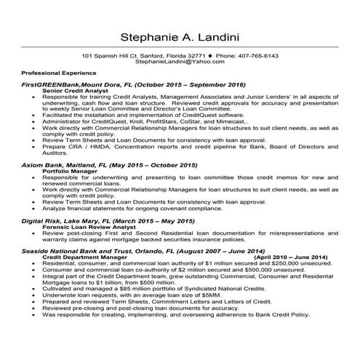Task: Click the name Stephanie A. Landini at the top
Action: coord(180,36)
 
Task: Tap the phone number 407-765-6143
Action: coord(257,56)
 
